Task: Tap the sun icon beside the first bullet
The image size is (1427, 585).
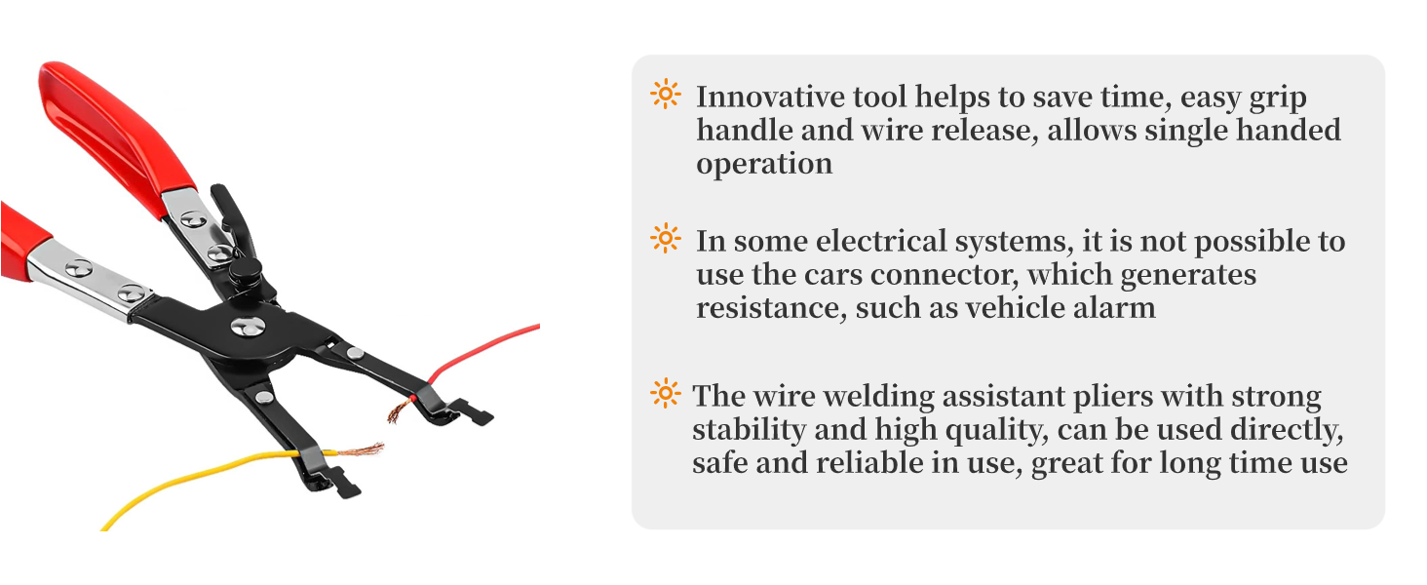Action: pos(665,95)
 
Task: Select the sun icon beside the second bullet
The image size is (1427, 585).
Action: pos(665,239)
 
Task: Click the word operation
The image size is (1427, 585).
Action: pos(763,164)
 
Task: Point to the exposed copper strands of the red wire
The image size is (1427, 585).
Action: pos(397,411)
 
